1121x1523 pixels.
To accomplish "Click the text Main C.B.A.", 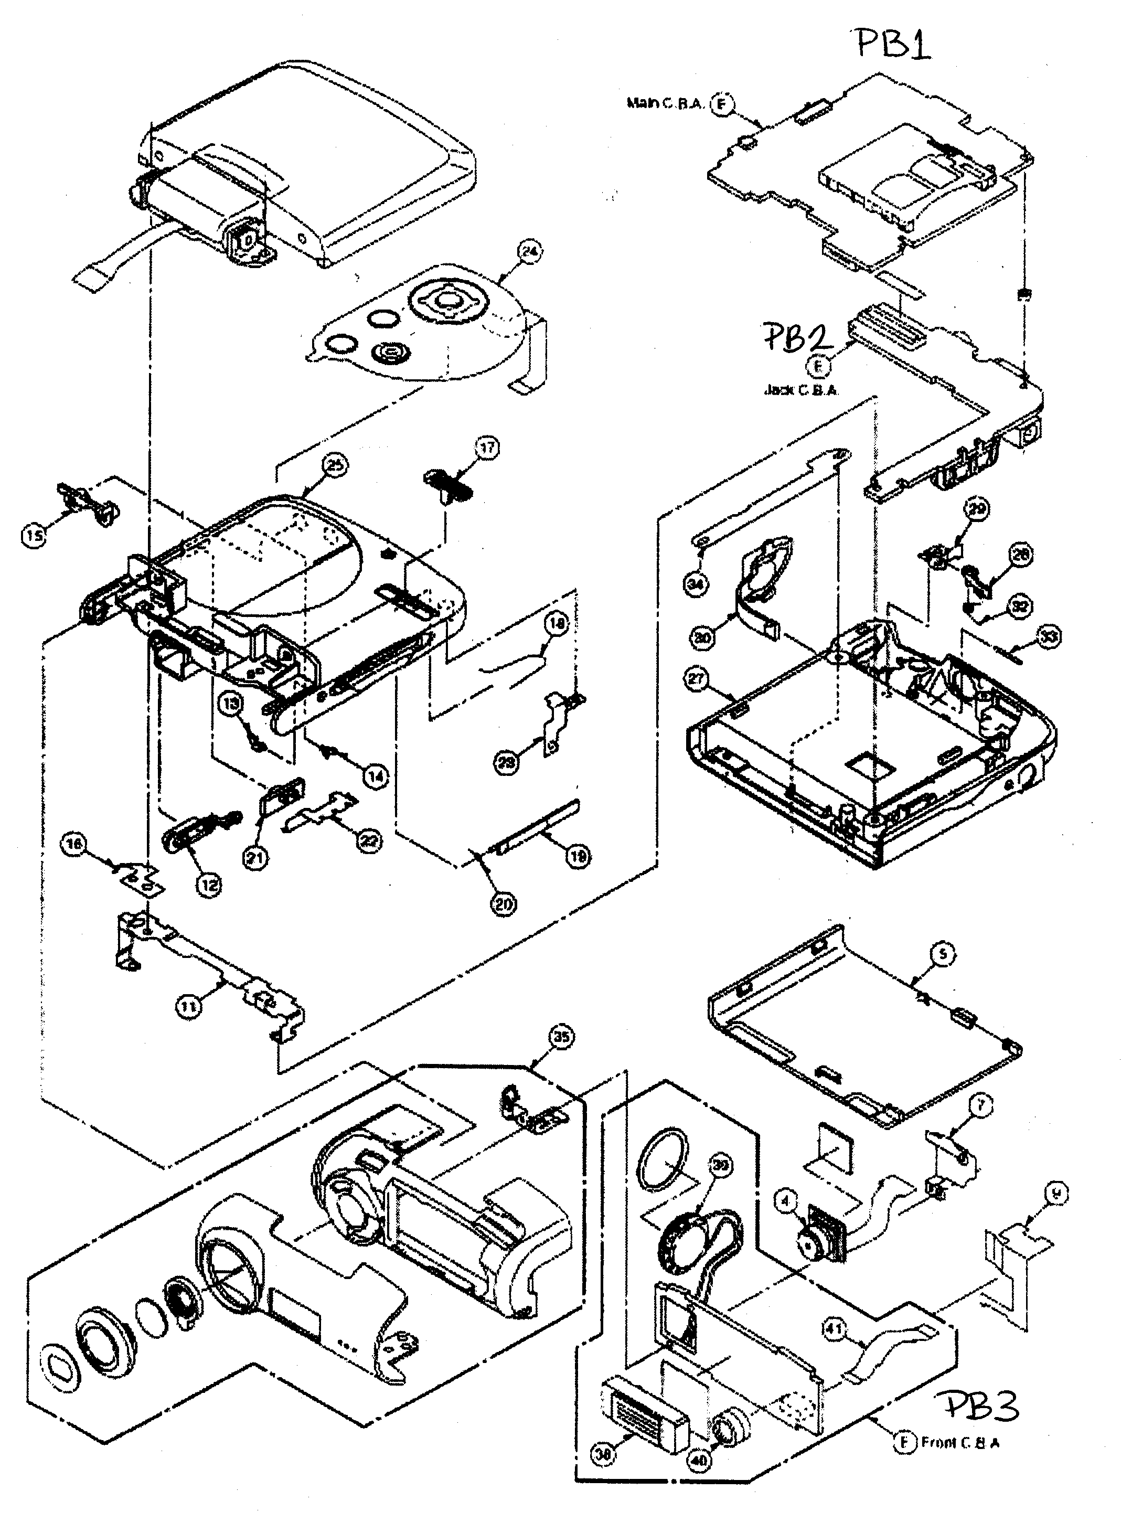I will pyautogui.click(x=665, y=104).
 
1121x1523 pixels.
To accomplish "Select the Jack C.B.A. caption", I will pyautogui.click(x=800, y=390).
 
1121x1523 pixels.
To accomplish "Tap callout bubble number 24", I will pyautogui.click(x=529, y=252).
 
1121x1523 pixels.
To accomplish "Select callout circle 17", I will pyautogui.click(x=487, y=448).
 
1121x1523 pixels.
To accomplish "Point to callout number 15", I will pyautogui.click(x=34, y=536).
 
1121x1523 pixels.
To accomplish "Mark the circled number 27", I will pyautogui.click(x=698, y=679).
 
